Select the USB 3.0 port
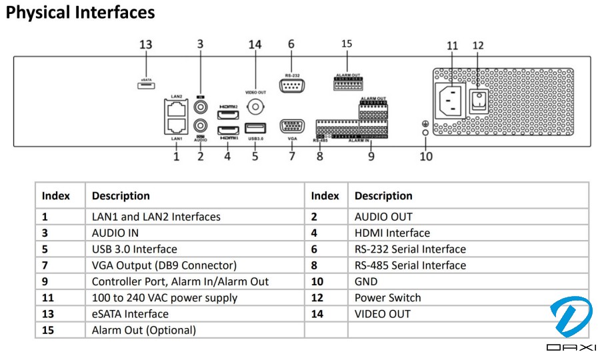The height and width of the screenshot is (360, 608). click(x=255, y=129)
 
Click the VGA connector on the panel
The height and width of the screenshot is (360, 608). click(x=291, y=127)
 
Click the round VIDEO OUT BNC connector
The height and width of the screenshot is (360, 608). click(x=255, y=107)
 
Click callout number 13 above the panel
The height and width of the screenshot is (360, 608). click(x=145, y=45)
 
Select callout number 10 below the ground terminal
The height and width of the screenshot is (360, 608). click(x=426, y=156)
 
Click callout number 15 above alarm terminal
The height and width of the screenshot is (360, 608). click(x=347, y=44)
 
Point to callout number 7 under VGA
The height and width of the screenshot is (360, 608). click(x=291, y=156)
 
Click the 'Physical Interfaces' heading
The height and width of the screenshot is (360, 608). click(x=80, y=12)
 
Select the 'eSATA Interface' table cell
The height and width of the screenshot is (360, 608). click(x=130, y=314)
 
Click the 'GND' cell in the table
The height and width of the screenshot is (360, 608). click(x=366, y=281)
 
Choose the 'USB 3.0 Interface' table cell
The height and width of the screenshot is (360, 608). click(x=135, y=249)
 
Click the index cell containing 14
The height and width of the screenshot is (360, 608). click(x=317, y=314)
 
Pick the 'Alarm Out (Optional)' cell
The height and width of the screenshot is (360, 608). click(x=144, y=330)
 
